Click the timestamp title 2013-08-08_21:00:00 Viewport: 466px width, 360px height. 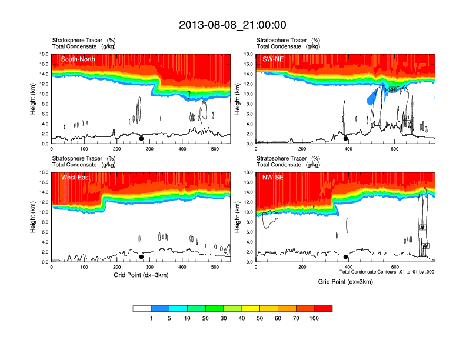click(232, 25)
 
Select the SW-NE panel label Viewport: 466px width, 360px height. click(274, 59)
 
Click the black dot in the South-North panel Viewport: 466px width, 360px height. click(141, 139)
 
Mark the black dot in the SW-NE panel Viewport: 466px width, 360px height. click(346, 139)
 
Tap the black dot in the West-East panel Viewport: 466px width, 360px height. click(141, 257)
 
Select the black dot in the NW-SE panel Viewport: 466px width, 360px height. click(346, 257)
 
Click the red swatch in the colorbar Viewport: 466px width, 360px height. click(323, 308)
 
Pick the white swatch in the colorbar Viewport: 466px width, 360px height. click(142, 308)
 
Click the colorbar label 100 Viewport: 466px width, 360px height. click(314, 318)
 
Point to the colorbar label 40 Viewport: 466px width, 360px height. click(242, 318)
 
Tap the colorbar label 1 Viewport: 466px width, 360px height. click(151, 318)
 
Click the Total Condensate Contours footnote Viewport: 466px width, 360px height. click(387, 272)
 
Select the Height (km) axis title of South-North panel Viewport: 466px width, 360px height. click(34, 99)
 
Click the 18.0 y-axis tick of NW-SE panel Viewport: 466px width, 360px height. click(248, 172)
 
